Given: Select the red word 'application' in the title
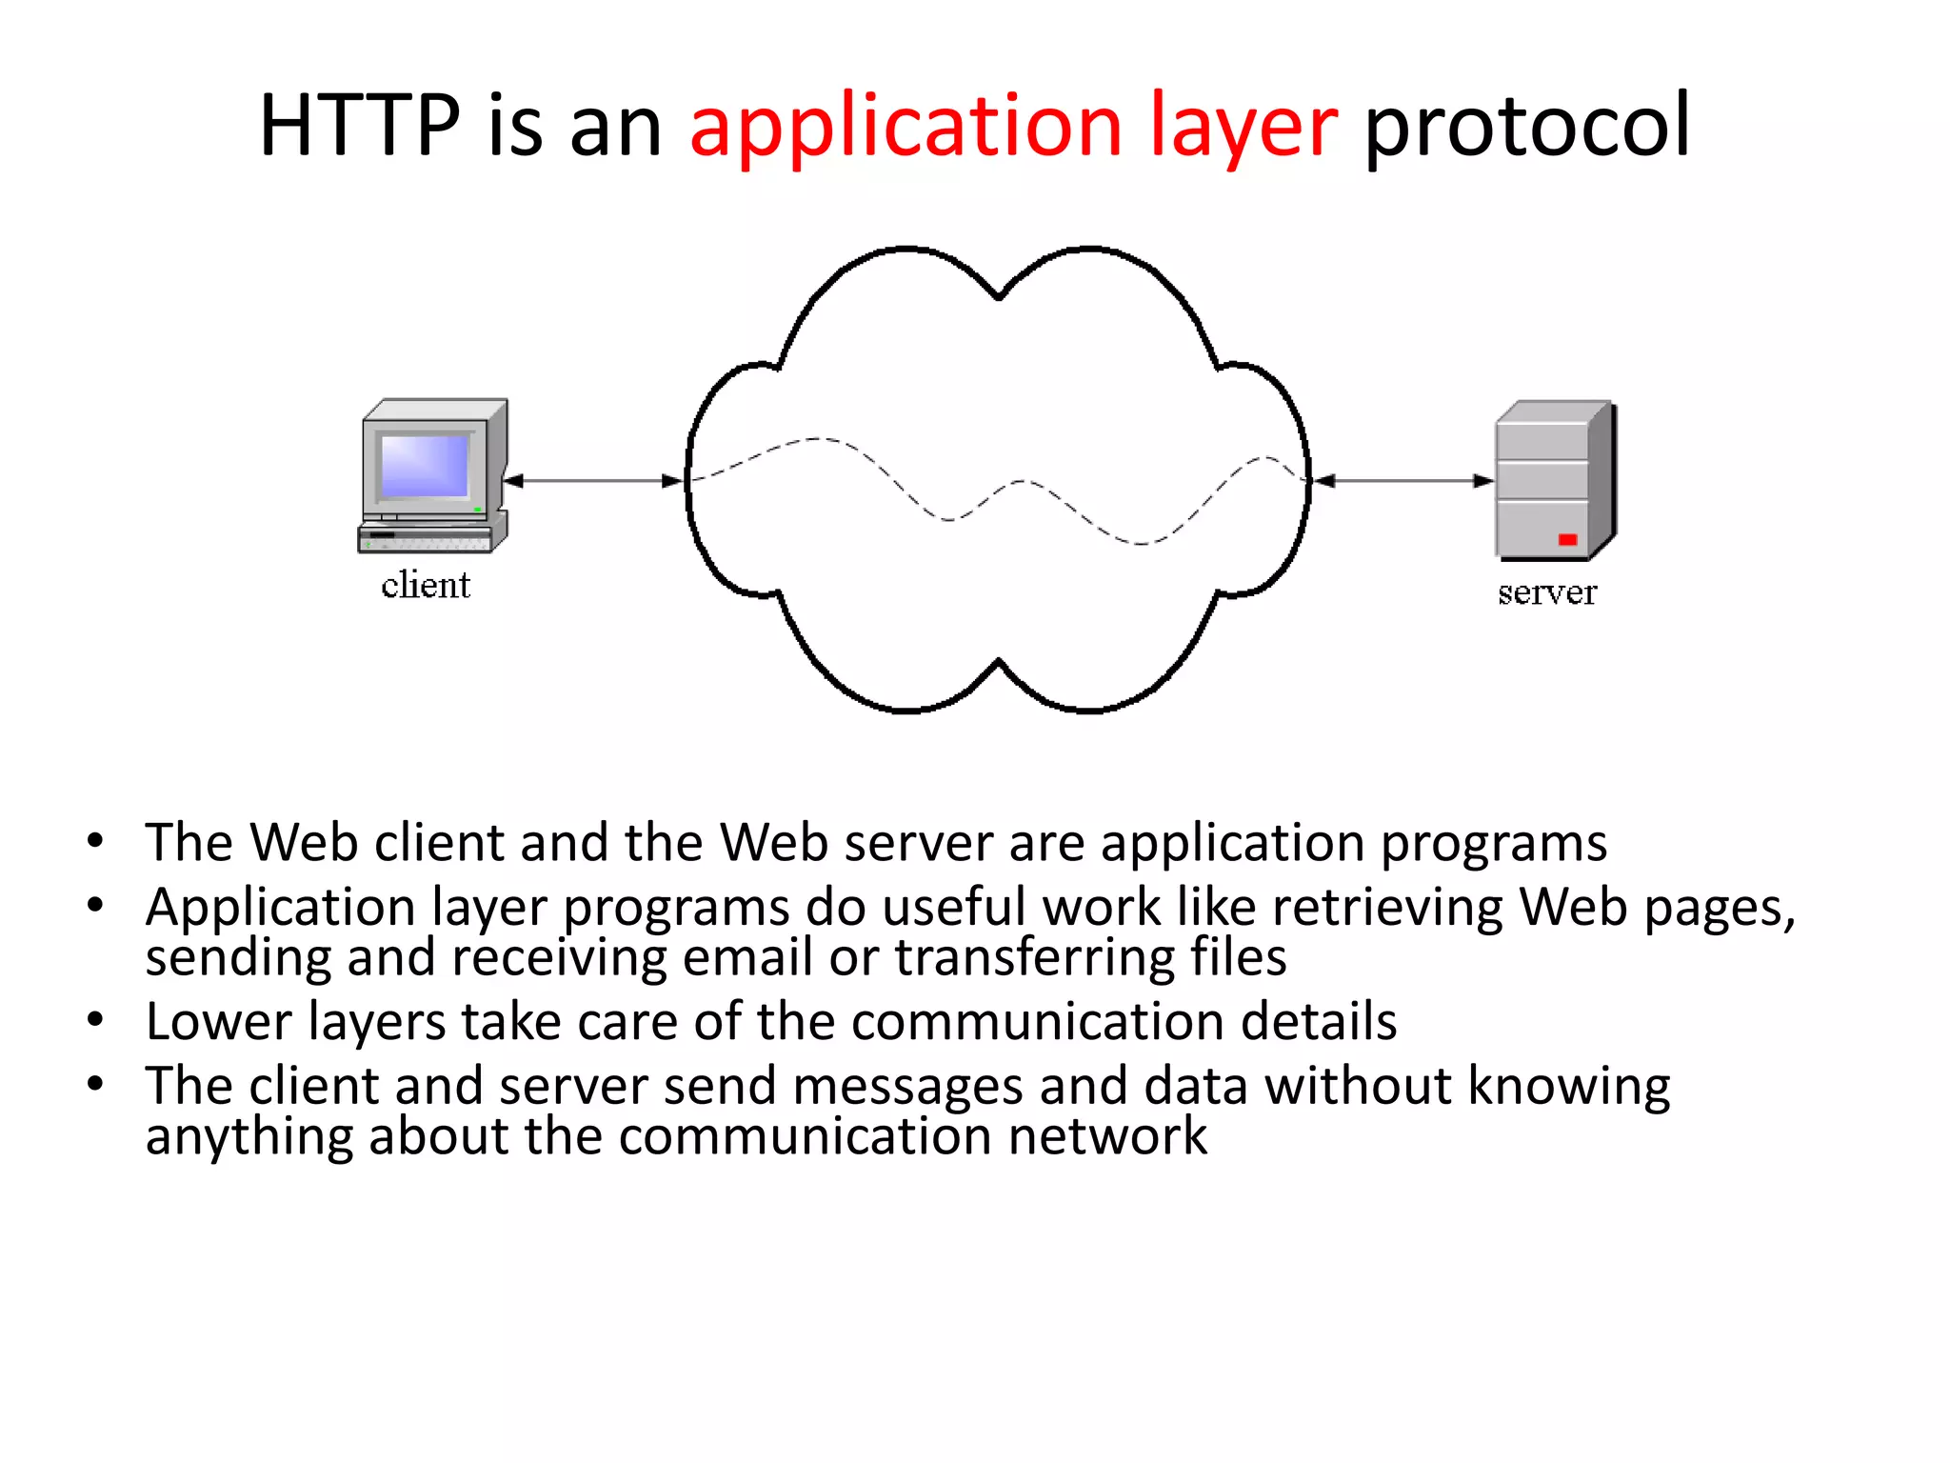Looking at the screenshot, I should tap(905, 127).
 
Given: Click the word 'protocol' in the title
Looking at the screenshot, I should tap(1527, 127).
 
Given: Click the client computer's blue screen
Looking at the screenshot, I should tap(425, 466).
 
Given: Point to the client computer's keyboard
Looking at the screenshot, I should tap(425, 541).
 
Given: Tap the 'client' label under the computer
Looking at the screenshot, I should tap(426, 585).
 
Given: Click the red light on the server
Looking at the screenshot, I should tap(1567, 540).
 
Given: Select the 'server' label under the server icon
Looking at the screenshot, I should tap(1546, 592).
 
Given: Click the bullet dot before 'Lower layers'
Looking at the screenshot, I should tap(95, 1020).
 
